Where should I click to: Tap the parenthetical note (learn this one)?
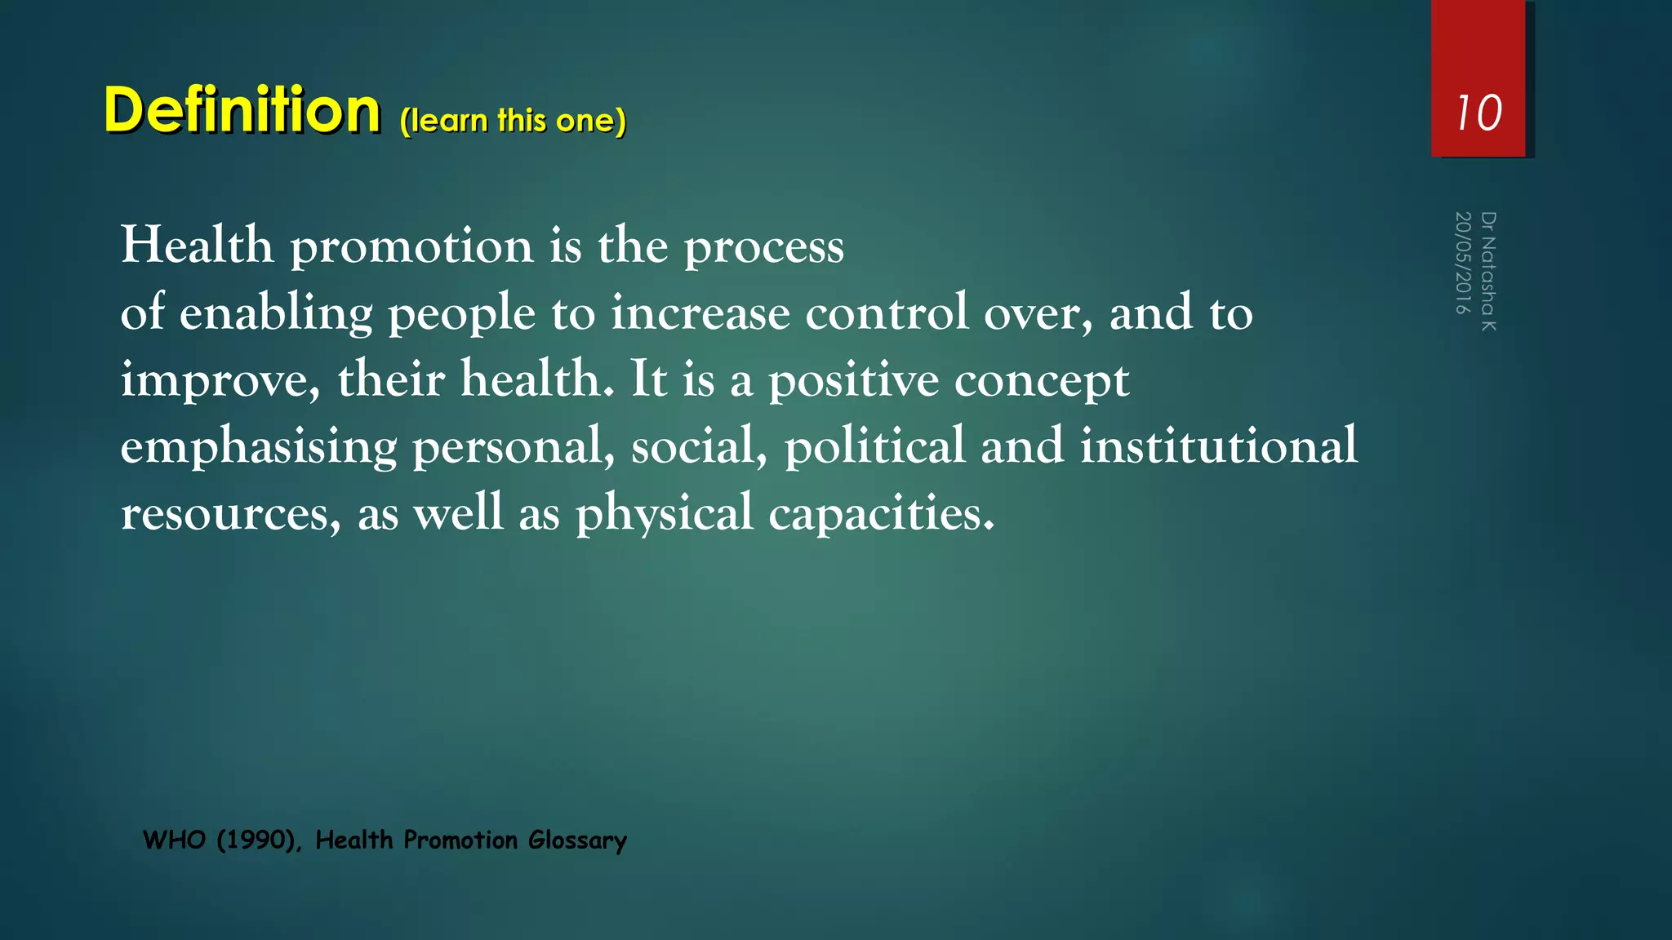[513, 121]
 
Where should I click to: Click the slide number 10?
[1479, 113]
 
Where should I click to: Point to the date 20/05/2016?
[1463, 263]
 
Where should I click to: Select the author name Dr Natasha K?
[1488, 271]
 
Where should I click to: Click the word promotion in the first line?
[411, 246]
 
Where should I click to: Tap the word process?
[763, 246]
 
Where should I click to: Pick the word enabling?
[276, 313]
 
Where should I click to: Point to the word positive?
[853, 380]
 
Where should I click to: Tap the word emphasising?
[259, 447]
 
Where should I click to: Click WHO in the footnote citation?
[174, 840]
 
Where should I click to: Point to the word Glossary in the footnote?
[577, 840]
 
